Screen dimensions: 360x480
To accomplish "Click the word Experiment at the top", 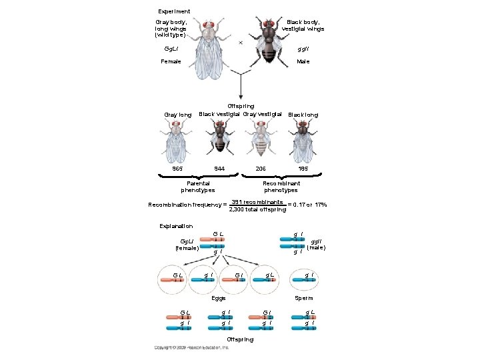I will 174,11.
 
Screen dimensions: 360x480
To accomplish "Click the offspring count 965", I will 177,169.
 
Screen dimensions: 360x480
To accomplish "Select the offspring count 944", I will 219,169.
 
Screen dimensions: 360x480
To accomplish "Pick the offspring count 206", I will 261,169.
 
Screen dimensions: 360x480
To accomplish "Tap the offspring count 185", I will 304,169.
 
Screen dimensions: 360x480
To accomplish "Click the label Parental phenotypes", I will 198,187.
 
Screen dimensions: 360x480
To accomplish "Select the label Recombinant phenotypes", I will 281,187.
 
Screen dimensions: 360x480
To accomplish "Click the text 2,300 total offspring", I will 257,209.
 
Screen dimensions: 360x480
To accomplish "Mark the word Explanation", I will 176,226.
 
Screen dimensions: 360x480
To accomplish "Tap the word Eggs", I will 218,298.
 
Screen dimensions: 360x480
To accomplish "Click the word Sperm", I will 305,298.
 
